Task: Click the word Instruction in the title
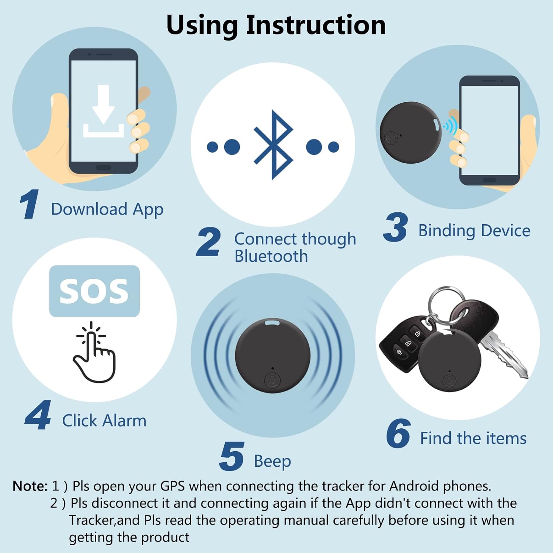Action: (316, 25)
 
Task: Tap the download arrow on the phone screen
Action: (103, 104)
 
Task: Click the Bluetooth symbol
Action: (273, 145)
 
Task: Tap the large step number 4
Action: (38, 415)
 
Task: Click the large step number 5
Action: (232, 456)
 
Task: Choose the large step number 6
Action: (398, 434)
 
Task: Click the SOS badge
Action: (94, 291)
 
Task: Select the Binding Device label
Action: (474, 231)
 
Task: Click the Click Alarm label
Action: (104, 421)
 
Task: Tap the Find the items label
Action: (473, 438)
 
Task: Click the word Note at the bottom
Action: (30, 486)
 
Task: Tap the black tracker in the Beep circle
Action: (273, 356)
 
